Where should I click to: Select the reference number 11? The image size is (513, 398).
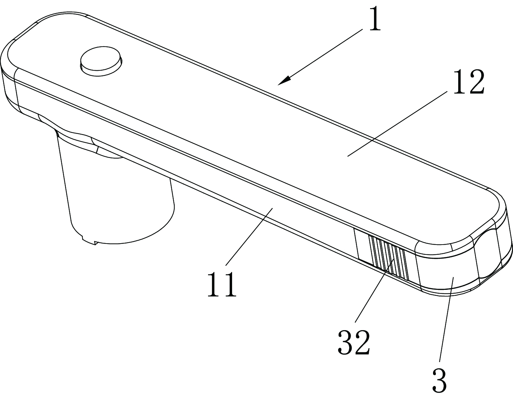pos(221,284)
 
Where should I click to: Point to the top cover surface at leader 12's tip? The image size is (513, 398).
pos(348,155)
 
